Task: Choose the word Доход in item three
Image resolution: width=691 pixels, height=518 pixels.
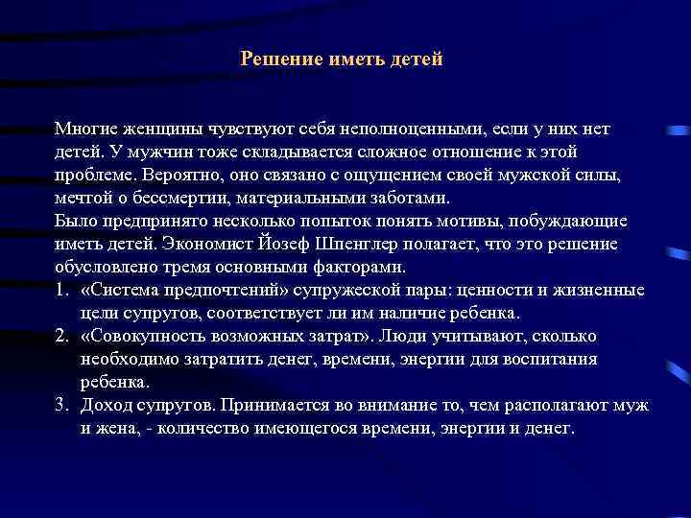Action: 107,405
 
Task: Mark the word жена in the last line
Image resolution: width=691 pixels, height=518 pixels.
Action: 115,428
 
